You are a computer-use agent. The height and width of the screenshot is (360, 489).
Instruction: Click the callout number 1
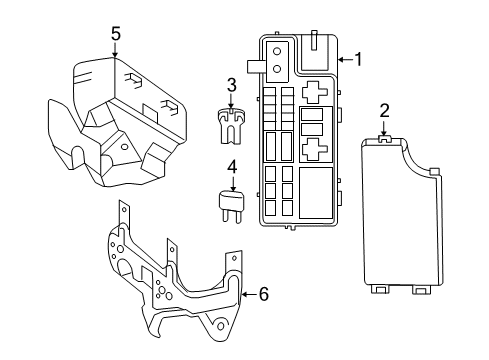click(x=358, y=59)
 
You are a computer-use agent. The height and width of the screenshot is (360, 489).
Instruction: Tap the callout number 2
click(x=384, y=110)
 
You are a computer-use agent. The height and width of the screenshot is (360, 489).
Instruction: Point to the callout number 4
click(x=233, y=167)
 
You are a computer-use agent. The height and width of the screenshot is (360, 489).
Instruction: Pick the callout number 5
click(x=116, y=34)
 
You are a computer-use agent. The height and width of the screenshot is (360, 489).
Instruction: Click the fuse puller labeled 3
click(x=231, y=125)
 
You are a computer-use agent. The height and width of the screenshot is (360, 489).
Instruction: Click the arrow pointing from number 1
click(x=343, y=59)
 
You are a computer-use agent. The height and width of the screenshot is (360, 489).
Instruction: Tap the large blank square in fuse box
click(x=316, y=188)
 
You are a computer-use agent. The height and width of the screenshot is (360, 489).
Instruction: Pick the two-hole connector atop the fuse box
click(x=277, y=56)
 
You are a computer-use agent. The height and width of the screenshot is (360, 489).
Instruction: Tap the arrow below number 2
click(x=384, y=127)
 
